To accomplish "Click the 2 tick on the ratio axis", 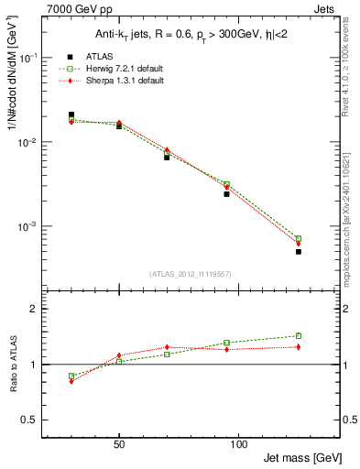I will coord(34,309).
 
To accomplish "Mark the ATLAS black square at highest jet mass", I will coord(299,251).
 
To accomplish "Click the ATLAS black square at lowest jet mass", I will coord(71,115).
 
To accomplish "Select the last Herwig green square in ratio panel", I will coord(299,336).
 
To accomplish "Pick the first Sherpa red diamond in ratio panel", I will coord(71,381).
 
